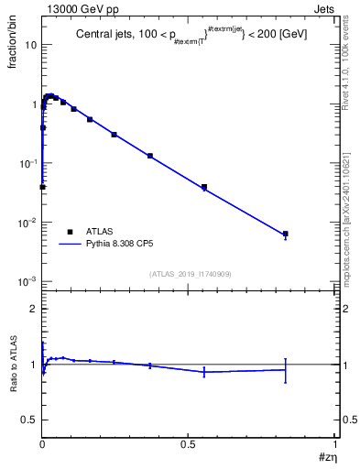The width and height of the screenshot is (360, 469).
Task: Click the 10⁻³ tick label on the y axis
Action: (x=27, y=281)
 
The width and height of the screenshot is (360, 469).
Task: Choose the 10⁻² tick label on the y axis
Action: (x=27, y=223)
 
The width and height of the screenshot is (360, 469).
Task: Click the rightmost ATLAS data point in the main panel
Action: (x=286, y=234)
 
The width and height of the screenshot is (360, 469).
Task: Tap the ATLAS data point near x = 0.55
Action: (x=204, y=187)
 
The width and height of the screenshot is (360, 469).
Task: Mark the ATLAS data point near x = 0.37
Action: (x=150, y=156)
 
